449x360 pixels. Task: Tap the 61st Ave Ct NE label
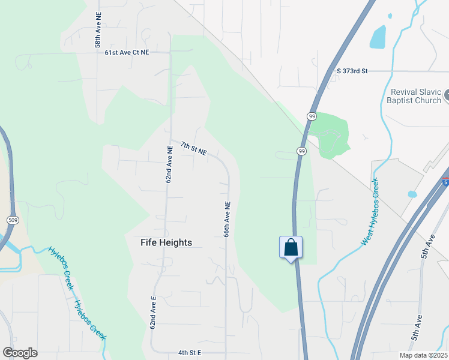click(x=127, y=53)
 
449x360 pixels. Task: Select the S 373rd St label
click(x=352, y=71)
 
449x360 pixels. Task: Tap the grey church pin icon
click(x=446, y=95)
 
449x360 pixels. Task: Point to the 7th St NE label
click(x=193, y=149)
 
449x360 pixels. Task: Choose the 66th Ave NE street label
click(x=228, y=218)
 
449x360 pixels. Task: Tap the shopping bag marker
click(x=291, y=247)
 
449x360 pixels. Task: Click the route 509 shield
click(x=11, y=220)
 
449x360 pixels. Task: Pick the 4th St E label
click(x=190, y=353)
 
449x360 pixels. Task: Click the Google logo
click(x=20, y=353)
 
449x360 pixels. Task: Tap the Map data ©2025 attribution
click(x=423, y=355)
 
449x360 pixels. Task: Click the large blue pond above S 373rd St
click(x=378, y=37)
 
